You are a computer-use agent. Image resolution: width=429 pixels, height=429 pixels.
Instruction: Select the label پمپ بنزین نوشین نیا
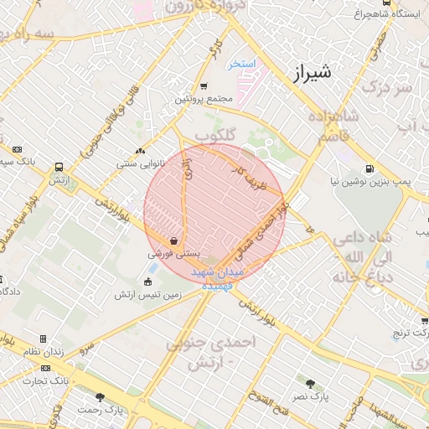380,180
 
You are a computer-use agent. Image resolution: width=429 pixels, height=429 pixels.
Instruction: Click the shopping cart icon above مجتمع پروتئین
204,86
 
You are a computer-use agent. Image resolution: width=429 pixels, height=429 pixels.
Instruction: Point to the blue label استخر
243,64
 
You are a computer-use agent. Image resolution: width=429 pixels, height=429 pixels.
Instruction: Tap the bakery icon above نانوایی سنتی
140,152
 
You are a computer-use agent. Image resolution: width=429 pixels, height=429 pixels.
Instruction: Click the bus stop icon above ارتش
58,168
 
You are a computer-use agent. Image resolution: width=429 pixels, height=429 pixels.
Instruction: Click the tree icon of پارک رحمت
101,397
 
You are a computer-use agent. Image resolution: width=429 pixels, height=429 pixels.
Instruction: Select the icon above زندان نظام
42,339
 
